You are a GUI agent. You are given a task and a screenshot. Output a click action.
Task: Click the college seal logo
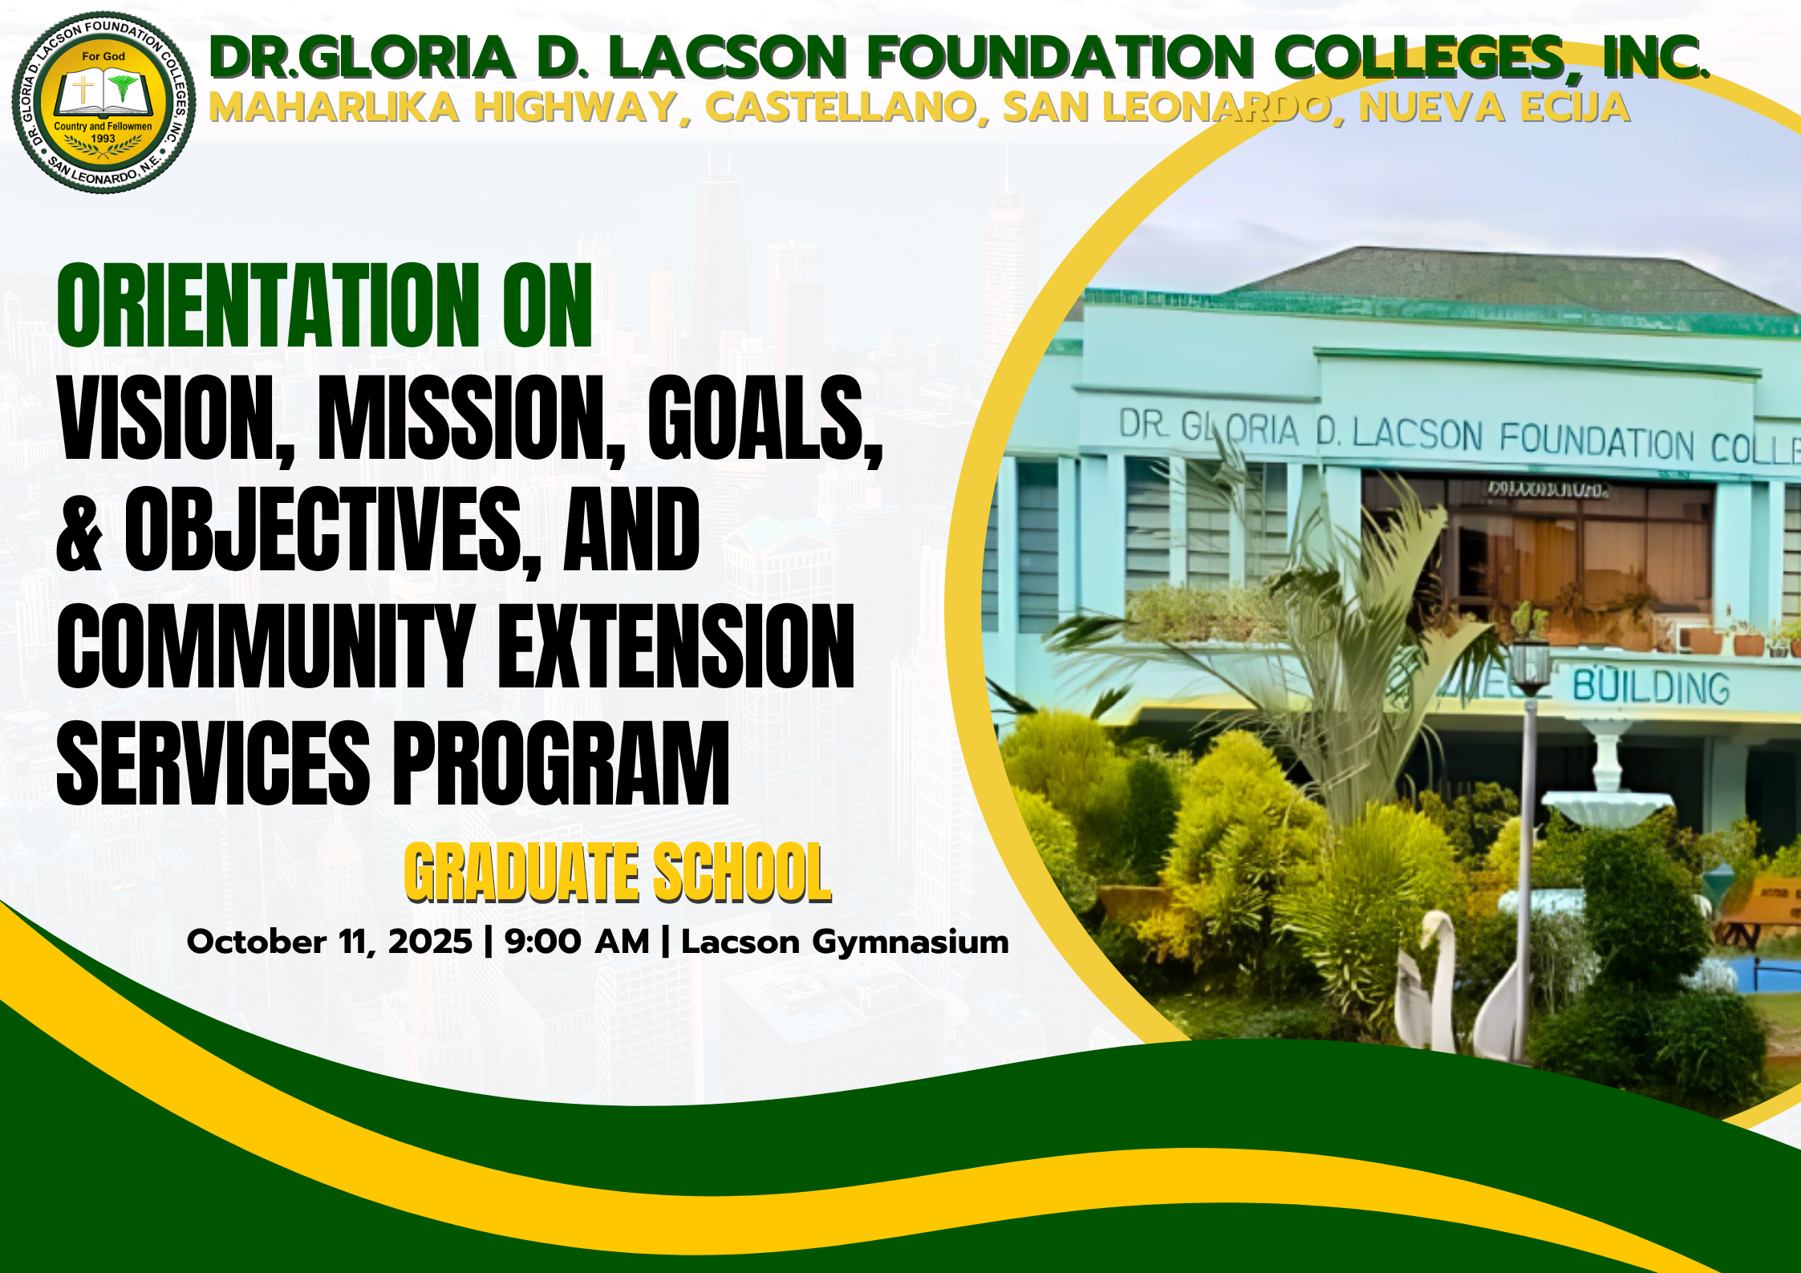click(103, 103)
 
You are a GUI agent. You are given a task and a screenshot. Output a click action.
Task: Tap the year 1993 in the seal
click(103, 139)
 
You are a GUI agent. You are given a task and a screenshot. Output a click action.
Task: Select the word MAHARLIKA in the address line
click(334, 108)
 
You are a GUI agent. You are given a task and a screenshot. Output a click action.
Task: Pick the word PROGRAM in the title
click(561, 763)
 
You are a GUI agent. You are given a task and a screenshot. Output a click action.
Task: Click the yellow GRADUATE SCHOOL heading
click(618, 873)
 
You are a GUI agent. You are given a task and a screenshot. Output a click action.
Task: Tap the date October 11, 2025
click(329, 942)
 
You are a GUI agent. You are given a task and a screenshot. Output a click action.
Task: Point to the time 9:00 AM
click(576, 942)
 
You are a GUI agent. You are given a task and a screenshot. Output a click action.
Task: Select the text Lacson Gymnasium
click(844, 942)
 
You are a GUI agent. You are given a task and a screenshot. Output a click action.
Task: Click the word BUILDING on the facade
click(1650, 688)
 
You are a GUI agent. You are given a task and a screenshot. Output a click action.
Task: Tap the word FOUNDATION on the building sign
click(1596, 443)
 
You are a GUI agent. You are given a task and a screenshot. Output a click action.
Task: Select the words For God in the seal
click(103, 57)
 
